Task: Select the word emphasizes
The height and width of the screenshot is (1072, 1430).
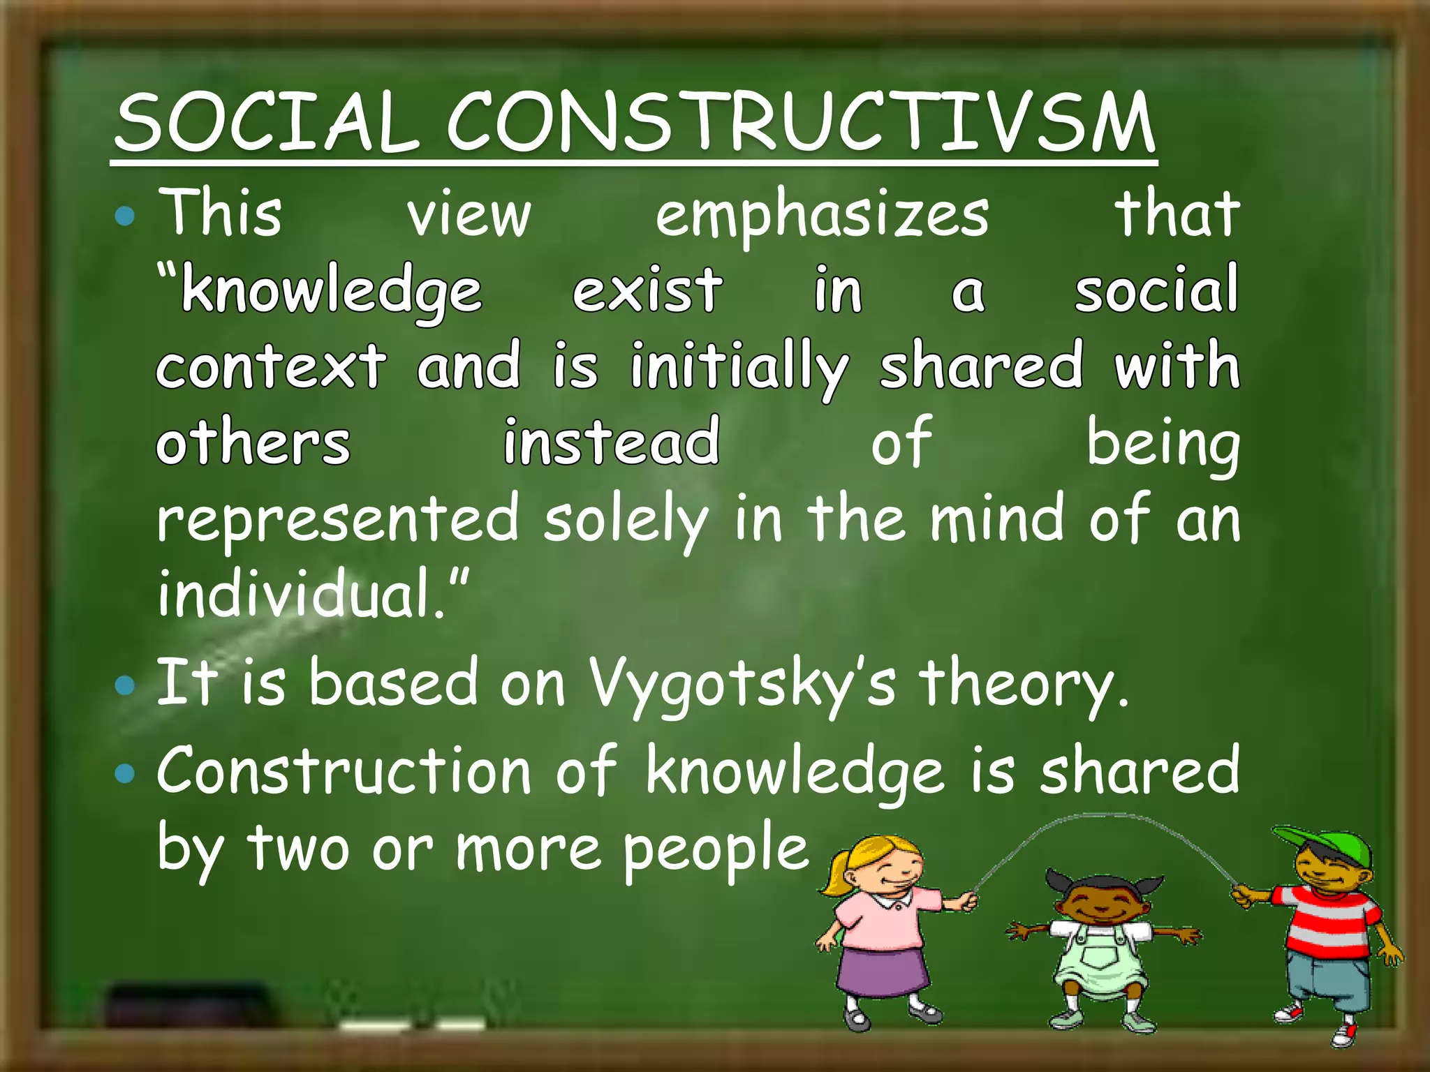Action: point(822,215)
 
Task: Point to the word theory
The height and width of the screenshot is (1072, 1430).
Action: point(1022,684)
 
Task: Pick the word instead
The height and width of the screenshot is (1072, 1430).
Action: point(612,442)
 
